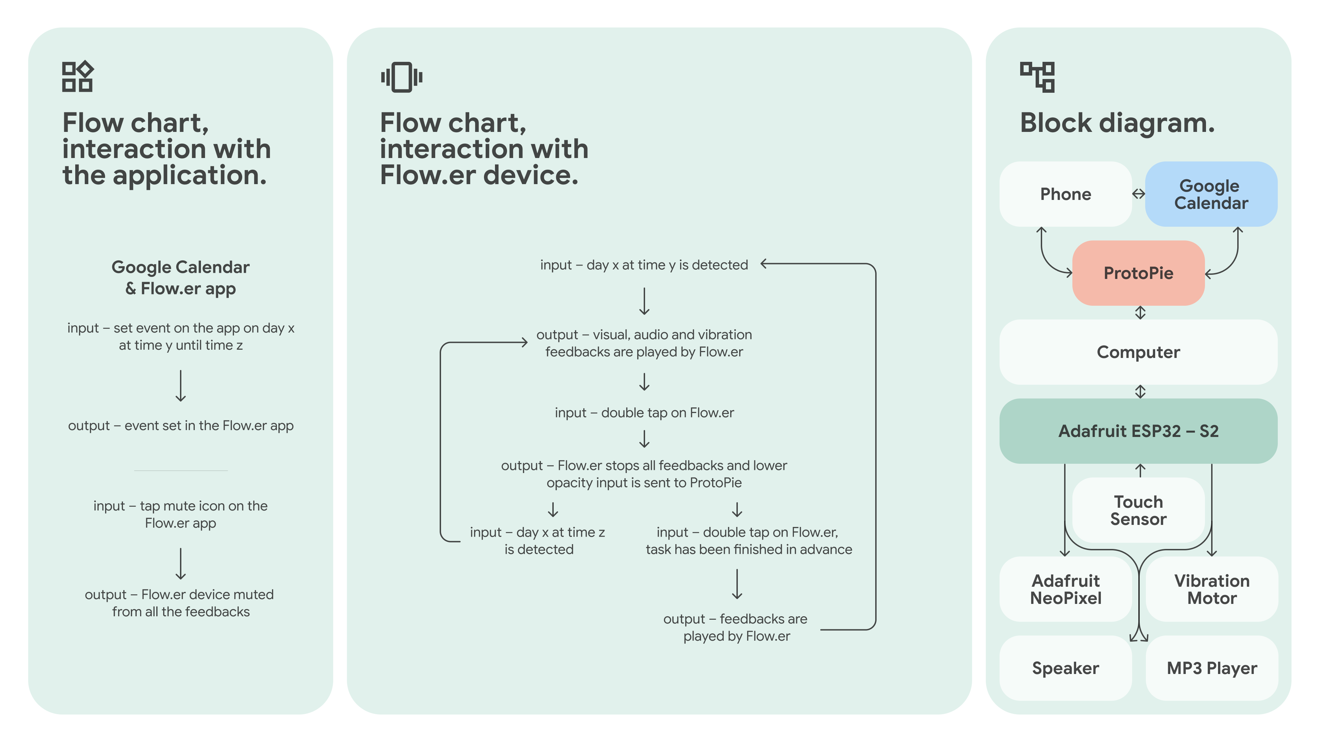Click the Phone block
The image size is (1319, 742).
pos(1065,194)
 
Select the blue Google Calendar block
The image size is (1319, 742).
pos(1210,194)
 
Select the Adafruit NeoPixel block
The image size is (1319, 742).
pos(1065,589)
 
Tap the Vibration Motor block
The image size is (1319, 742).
pos(1211,589)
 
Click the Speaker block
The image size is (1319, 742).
pos(1065,668)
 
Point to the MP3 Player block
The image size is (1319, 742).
pos(1211,668)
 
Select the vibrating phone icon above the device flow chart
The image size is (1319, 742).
pos(402,77)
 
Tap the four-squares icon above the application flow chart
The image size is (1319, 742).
pos(77,77)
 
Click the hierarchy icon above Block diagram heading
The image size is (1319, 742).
pos(1037,77)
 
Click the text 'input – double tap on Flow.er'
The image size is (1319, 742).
pos(644,413)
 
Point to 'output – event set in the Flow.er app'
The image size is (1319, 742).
pos(181,426)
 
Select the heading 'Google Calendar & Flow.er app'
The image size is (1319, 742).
pos(181,278)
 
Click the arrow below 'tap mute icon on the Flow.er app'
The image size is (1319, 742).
pos(180,564)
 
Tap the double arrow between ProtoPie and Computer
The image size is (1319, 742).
pos(1140,312)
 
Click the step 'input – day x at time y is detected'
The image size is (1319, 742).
pos(644,265)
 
